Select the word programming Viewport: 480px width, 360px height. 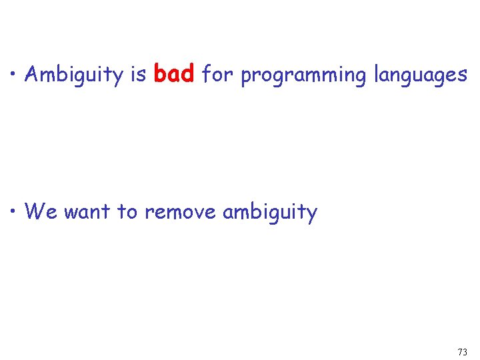click(x=303, y=76)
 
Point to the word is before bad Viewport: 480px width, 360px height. click(x=139, y=75)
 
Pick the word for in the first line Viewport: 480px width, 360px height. click(x=217, y=74)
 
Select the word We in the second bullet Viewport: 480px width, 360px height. click(x=41, y=212)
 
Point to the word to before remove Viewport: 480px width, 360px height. click(x=127, y=212)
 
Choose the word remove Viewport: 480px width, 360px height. click(x=180, y=212)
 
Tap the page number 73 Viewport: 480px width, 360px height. click(x=463, y=351)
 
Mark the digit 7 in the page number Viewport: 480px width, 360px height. click(x=460, y=351)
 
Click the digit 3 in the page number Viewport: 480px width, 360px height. click(x=465, y=351)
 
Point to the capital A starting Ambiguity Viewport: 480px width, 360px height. click(x=31, y=75)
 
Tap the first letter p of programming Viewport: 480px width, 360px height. click(x=245, y=77)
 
